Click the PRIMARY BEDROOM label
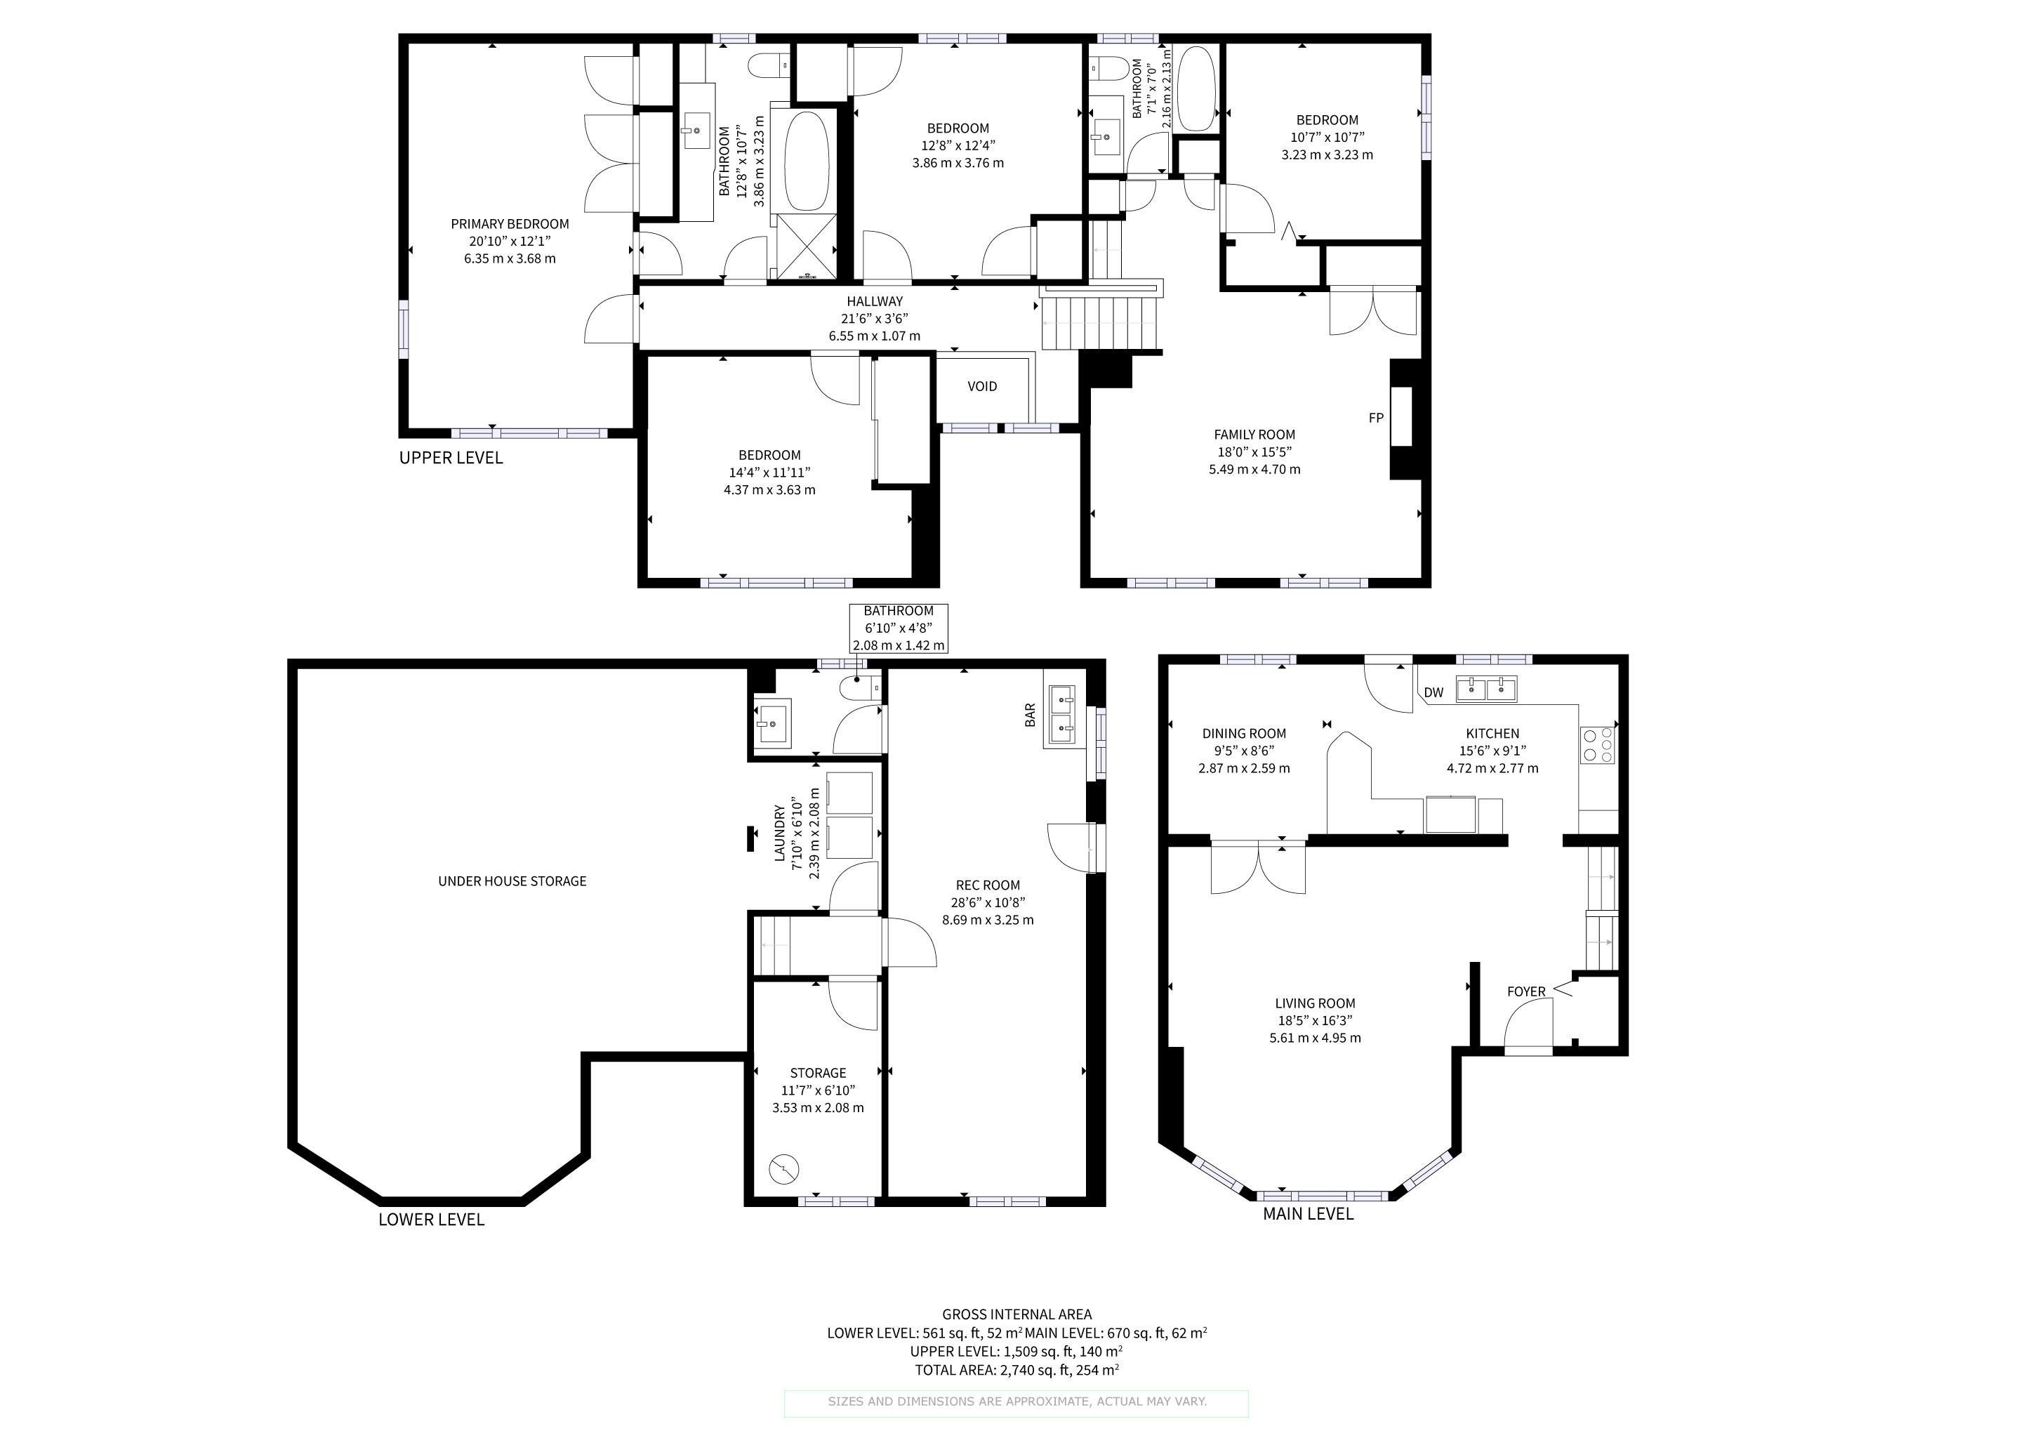[x=510, y=224]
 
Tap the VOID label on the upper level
[x=982, y=386]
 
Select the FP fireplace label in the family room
[x=1376, y=418]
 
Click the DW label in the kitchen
[x=1433, y=692]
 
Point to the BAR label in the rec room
[x=1030, y=715]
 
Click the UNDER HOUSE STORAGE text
[x=512, y=881]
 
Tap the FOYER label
[x=1527, y=991]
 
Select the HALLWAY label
[x=875, y=302]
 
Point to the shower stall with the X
[x=806, y=244]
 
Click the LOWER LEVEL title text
[x=431, y=1220]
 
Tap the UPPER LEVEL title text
[x=451, y=458]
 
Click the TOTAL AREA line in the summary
[x=1016, y=1371]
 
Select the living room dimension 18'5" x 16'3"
[x=1315, y=1021]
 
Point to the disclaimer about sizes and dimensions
[x=1016, y=1401]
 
